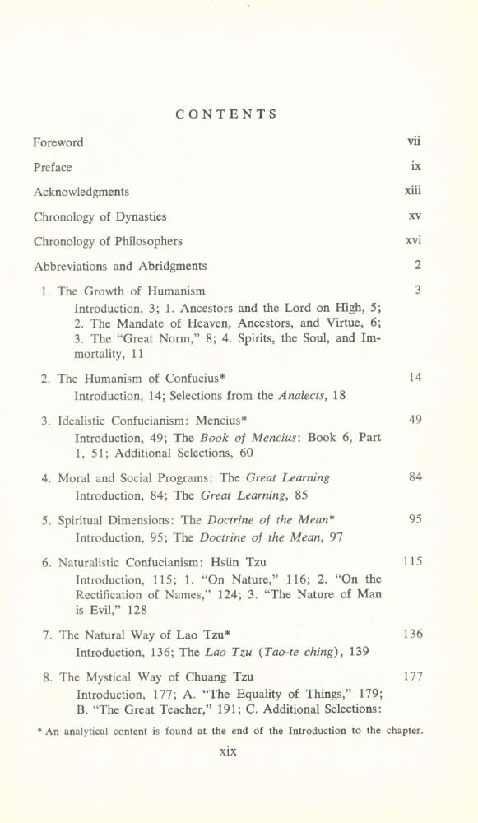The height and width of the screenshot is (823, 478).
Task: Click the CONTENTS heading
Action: [226, 114]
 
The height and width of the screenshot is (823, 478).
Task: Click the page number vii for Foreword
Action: [414, 142]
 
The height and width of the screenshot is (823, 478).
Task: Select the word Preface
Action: [53, 167]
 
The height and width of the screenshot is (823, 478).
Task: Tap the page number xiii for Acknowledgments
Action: [413, 192]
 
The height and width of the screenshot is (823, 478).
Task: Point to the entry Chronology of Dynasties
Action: [100, 217]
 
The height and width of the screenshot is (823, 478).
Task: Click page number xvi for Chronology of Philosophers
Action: [413, 242]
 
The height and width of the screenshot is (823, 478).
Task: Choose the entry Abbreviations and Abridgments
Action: [120, 267]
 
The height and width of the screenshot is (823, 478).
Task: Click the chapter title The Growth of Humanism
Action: [132, 291]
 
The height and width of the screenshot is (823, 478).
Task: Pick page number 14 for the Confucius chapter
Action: [415, 378]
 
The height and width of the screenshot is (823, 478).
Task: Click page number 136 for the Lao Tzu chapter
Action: [412, 635]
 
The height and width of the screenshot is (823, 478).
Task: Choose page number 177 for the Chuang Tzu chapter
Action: [412, 677]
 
